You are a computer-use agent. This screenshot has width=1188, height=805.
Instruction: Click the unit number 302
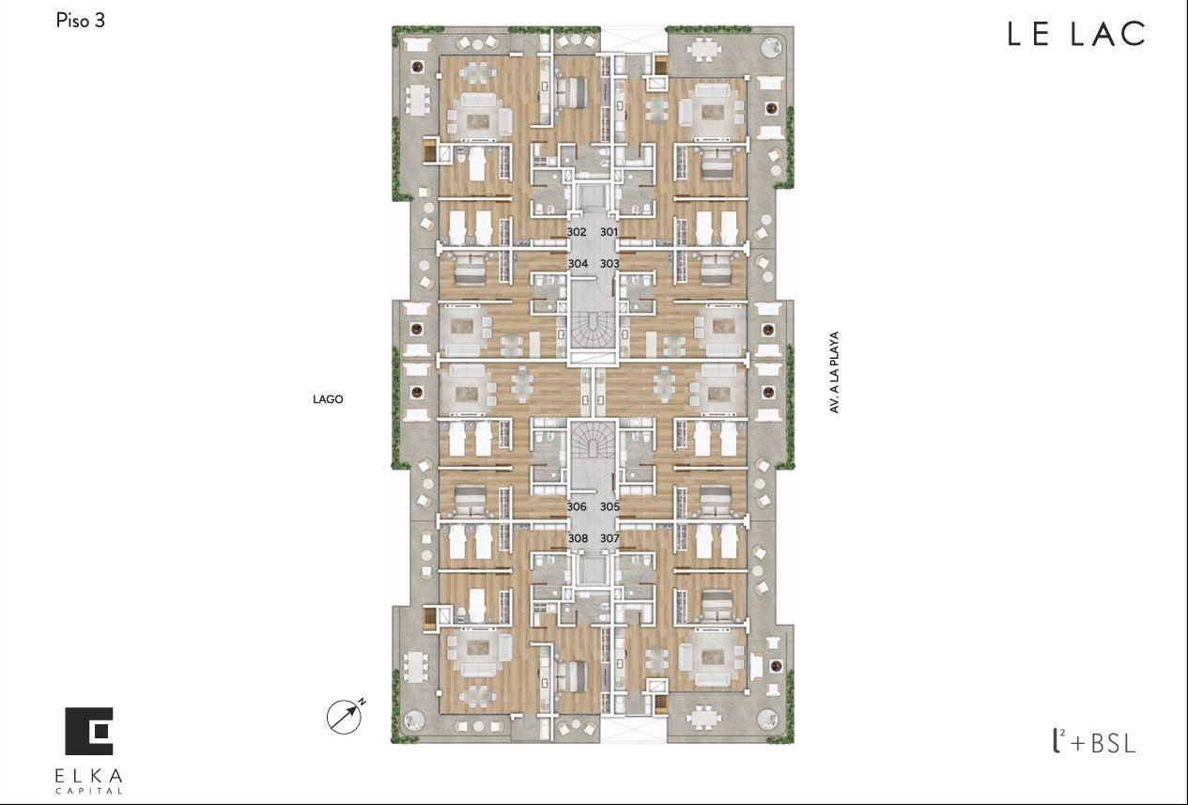pyautogui.click(x=577, y=232)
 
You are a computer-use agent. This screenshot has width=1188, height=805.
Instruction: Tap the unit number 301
pyautogui.click(x=609, y=232)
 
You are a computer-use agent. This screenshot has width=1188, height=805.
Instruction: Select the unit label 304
pyautogui.click(x=578, y=264)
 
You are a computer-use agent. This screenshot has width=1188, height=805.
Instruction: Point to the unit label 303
pyautogui.click(x=609, y=264)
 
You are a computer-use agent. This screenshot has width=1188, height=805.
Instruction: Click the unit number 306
pyautogui.click(x=577, y=506)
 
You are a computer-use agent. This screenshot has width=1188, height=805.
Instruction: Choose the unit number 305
pyautogui.click(x=609, y=506)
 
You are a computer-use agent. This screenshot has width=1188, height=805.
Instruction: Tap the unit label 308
pyautogui.click(x=578, y=538)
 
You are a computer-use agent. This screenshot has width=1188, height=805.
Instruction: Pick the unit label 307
pyautogui.click(x=609, y=538)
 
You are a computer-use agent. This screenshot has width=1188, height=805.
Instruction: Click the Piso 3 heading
pyautogui.click(x=80, y=21)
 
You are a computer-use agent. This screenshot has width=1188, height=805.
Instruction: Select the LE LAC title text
pyautogui.click(x=1076, y=34)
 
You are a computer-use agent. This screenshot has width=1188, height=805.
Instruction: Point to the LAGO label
pyautogui.click(x=328, y=399)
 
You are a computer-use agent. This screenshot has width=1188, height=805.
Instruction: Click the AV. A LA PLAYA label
pyautogui.click(x=834, y=372)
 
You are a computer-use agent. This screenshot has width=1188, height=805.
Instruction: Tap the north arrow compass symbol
pyautogui.click(x=346, y=716)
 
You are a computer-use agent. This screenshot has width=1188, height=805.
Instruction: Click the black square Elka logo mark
pyautogui.click(x=89, y=731)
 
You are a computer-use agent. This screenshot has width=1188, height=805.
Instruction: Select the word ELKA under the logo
pyautogui.click(x=88, y=777)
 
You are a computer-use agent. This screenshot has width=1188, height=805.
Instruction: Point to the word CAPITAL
pyautogui.click(x=88, y=791)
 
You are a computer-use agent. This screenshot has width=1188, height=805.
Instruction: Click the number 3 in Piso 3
pyautogui.click(x=100, y=21)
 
